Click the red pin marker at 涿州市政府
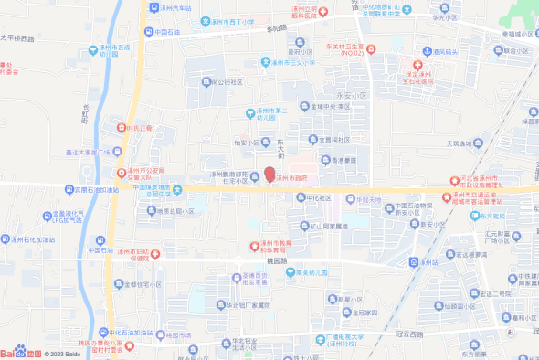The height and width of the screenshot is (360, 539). pyautogui.click(x=269, y=174)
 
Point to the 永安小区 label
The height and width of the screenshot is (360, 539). pyautogui.click(x=351, y=94)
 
